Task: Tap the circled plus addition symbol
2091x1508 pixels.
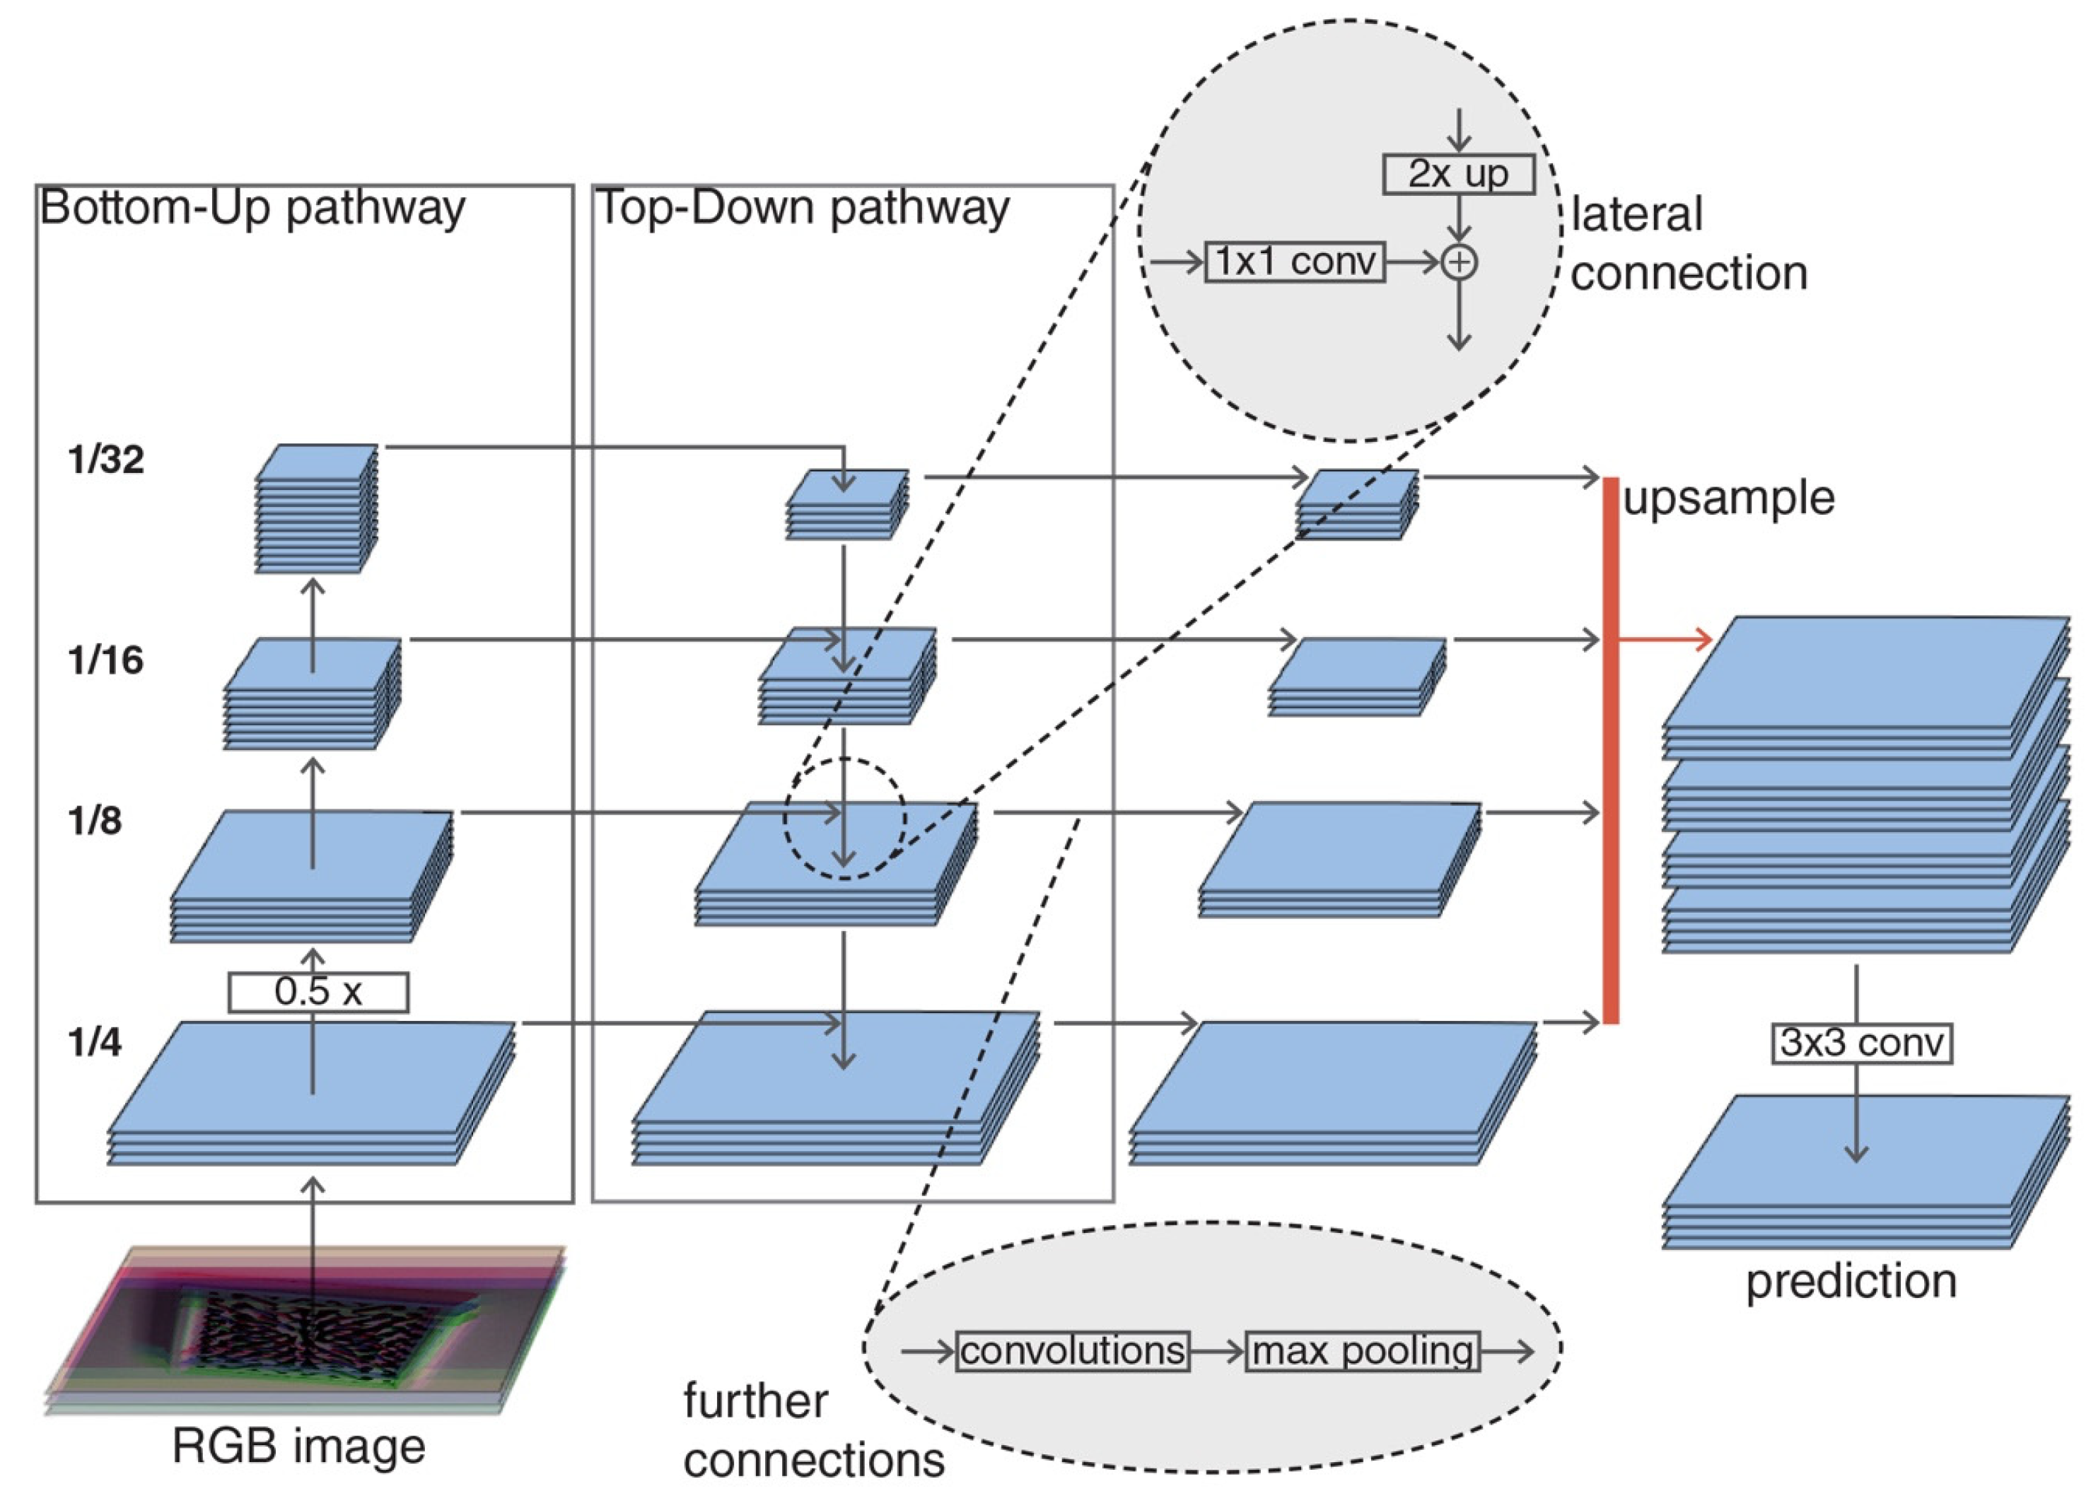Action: (1459, 263)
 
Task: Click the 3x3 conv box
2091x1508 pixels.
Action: (1861, 1043)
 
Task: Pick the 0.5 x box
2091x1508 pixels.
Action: (318, 992)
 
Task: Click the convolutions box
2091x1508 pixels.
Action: (1072, 1351)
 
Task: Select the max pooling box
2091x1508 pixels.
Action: (1362, 1351)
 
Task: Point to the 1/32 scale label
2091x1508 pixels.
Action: (106, 459)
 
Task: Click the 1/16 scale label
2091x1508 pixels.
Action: (106, 660)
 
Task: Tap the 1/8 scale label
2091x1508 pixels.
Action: (95, 820)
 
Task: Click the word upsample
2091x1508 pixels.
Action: (1729, 498)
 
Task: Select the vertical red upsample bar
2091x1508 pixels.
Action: (1611, 752)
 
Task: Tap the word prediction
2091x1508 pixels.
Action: (1851, 1281)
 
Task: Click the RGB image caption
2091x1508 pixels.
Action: (298, 1444)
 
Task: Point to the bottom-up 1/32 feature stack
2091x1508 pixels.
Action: (316, 509)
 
